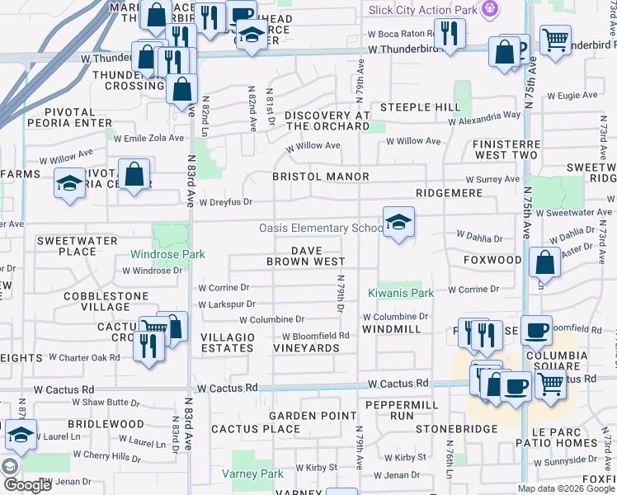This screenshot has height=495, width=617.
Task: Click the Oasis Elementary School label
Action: click(320, 229)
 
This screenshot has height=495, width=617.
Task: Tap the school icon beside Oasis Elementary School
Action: click(398, 224)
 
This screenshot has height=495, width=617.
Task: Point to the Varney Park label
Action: click(253, 474)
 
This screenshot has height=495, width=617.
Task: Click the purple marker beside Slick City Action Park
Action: click(491, 8)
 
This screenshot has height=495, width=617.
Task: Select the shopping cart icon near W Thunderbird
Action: click(556, 39)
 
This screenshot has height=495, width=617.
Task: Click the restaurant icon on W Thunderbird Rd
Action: click(450, 33)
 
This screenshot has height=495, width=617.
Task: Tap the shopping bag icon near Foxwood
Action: click(544, 264)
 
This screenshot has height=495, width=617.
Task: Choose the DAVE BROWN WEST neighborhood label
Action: click(305, 256)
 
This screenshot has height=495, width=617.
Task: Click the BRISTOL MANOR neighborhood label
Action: click(321, 177)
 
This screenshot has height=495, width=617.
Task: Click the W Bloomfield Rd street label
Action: click(316, 336)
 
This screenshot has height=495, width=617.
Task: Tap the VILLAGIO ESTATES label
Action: click(228, 342)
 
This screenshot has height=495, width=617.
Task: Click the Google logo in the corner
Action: click(27, 485)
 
